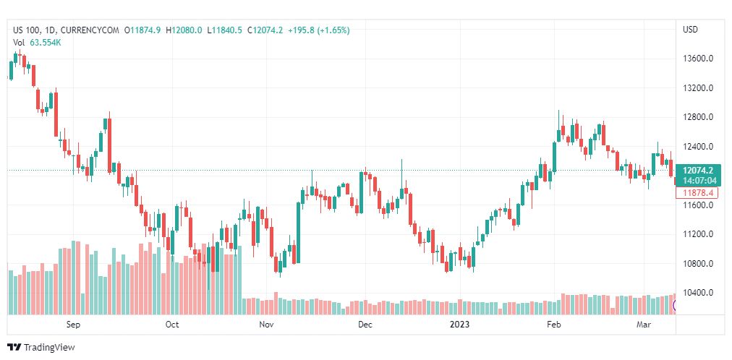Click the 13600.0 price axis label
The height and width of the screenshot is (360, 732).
(x=699, y=59)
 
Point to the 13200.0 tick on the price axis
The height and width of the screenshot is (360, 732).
(x=699, y=88)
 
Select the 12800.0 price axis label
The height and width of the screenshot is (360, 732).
(x=699, y=117)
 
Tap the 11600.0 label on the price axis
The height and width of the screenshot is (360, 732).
(x=699, y=205)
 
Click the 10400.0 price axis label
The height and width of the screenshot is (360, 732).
(x=699, y=293)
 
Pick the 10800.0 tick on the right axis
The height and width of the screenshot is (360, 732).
(x=699, y=264)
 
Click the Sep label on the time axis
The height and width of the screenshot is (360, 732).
(x=72, y=325)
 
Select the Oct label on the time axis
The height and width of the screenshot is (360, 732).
(x=172, y=325)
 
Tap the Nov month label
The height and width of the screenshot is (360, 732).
(x=267, y=325)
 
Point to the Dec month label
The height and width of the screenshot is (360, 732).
(x=365, y=325)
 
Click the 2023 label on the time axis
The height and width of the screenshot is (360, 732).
(x=460, y=325)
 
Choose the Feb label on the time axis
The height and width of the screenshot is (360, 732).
(x=554, y=325)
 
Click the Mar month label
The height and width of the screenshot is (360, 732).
(x=644, y=325)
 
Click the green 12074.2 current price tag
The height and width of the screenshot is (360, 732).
(x=699, y=170)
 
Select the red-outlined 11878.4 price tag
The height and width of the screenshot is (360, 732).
(x=699, y=193)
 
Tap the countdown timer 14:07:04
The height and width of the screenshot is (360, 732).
(x=699, y=180)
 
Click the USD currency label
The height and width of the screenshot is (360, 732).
(x=690, y=30)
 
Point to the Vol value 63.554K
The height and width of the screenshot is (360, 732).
(x=46, y=43)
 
